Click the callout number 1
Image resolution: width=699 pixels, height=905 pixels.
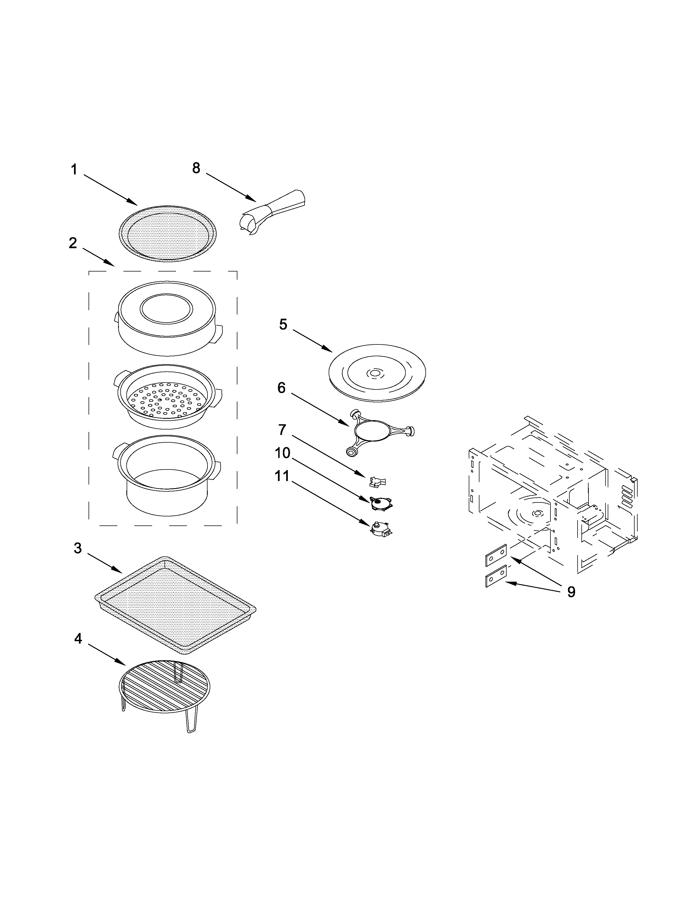point(74,169)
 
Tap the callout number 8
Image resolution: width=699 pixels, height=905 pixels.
point(196,168)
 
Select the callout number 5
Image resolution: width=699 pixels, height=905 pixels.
point(283,324)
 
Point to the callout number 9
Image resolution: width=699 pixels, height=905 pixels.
point(571,592)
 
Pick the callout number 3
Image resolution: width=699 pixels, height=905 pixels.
point(78,548)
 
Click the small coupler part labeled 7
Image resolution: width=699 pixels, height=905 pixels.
point(377,481)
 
